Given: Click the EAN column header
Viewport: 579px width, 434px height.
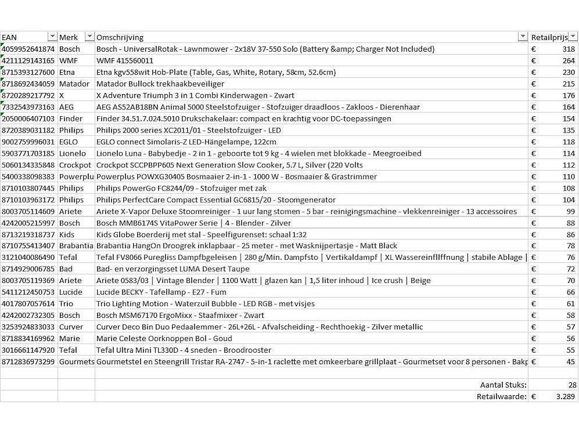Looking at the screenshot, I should (10, 37).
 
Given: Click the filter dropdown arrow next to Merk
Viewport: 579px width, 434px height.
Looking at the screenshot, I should (90, 37).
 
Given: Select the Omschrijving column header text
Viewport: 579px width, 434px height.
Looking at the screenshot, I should (120, 37).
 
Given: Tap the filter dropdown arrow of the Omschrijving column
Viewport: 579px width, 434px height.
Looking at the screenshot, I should (523, 37).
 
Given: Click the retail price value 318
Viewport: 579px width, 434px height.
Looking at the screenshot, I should (568, 49).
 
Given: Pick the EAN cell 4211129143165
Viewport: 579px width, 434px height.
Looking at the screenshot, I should (28, 61).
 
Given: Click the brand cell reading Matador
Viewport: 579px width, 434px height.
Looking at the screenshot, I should (74, 84).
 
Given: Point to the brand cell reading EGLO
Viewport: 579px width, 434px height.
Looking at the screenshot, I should (70, 142).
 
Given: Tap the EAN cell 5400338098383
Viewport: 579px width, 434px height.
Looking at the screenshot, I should (28, 177).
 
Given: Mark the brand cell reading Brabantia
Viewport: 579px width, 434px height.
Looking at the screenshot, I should (76, 246).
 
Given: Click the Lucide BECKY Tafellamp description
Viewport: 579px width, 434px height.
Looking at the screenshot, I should (161, 292).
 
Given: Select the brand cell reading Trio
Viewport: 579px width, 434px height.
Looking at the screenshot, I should (66, 304).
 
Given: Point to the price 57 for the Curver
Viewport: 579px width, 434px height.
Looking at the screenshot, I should (570, 327).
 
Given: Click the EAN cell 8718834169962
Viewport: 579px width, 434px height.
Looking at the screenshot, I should (28, 338).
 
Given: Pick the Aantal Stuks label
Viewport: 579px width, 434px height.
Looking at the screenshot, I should (503, 385).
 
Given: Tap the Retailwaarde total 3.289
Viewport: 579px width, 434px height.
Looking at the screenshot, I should (565, 396).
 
